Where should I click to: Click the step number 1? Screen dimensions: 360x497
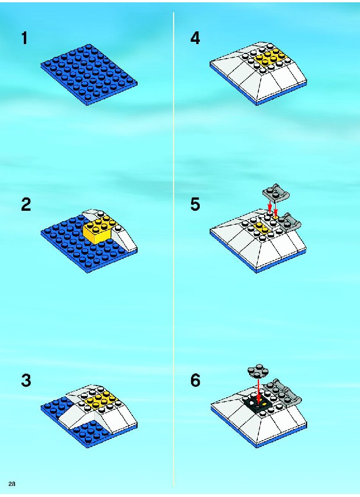(24, 38)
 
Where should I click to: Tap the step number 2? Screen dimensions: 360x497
(26, 204)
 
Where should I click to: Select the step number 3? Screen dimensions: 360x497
(26, 380)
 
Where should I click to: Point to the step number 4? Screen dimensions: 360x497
(195, 38)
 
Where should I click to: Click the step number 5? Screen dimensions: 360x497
(195, 204)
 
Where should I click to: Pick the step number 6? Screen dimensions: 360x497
(195, 380)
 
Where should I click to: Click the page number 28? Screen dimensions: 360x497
(12, 484)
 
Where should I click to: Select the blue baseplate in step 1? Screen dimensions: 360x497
(89, 74)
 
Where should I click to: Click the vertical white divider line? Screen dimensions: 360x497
(174, 249)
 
